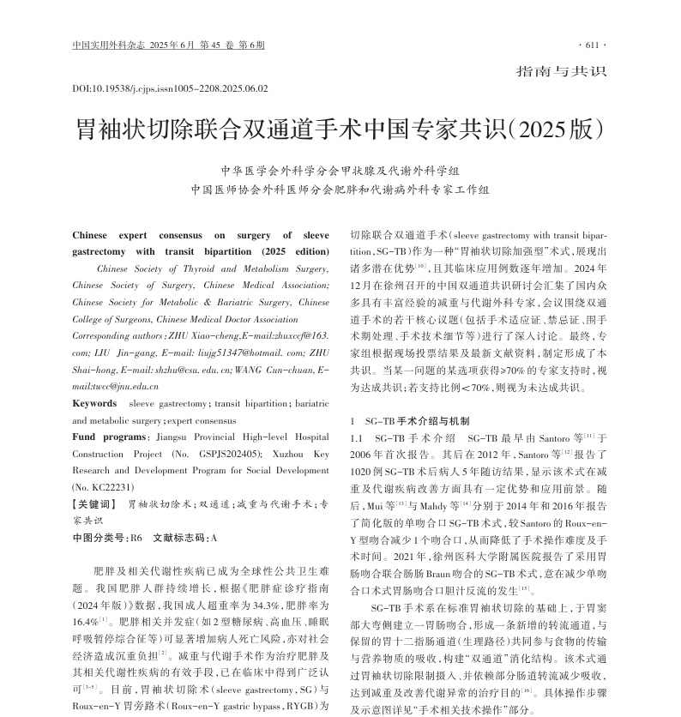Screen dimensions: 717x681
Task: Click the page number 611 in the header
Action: pos(593,45)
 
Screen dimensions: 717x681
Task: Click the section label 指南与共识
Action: pos(561,72)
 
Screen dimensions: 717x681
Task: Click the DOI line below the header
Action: pos(170,88)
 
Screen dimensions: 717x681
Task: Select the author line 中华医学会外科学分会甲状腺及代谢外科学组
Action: pos(340,170)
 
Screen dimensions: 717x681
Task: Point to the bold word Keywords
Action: pos(94,403)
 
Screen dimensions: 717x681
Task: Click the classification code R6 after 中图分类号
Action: pos(135,538)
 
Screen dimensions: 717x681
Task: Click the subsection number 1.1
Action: pos(359,437)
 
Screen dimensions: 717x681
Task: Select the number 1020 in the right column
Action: pos(365,471)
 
